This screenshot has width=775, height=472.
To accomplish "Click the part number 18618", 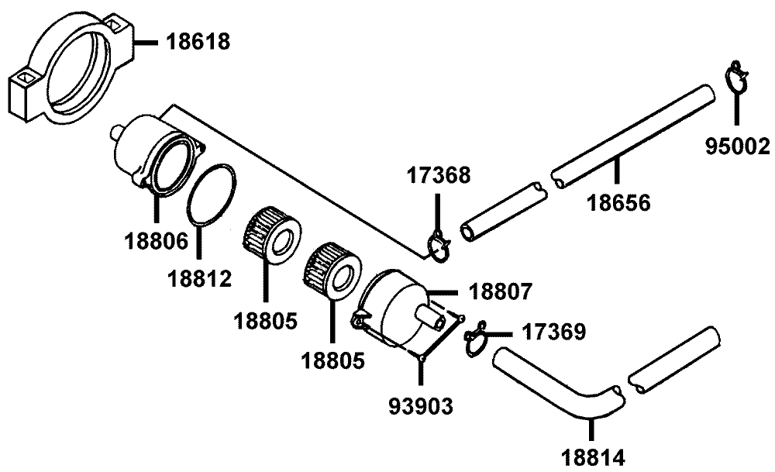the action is [198, 42].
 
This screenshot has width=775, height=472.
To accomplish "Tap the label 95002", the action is [738, 146].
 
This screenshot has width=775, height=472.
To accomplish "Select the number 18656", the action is [618, 202].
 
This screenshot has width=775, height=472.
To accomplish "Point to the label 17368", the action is [439, 175].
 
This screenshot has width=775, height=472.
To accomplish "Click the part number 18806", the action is [157, 241].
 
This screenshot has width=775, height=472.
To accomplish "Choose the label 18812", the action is [200, 279].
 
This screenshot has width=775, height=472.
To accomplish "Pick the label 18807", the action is [500, 291].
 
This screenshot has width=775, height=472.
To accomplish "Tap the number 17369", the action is [554, 332].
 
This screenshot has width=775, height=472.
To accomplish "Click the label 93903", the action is [421, 406].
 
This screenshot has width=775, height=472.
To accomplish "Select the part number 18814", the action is [593, 457].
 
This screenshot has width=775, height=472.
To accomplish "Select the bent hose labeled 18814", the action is [559, 385].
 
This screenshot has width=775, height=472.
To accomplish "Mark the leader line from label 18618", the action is [146, 43].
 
